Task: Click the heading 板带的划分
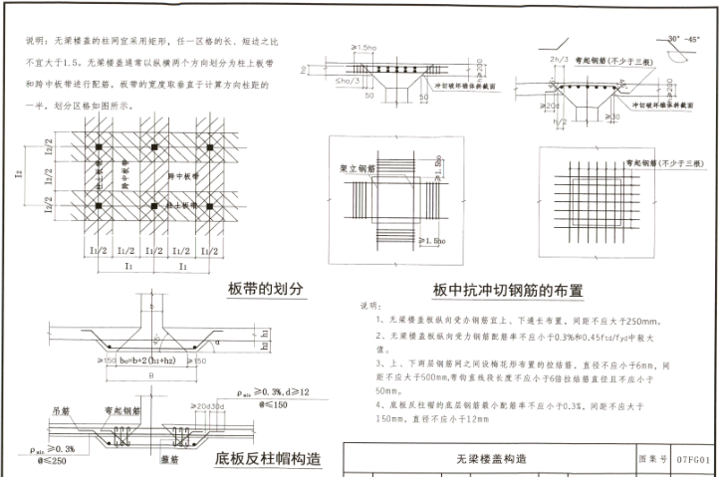(265, 289)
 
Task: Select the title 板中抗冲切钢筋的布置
(507, 291)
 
